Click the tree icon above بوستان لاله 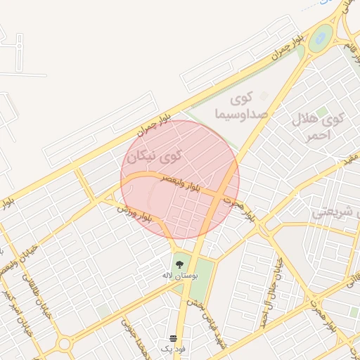click(180, 263)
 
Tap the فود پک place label click(174, 349)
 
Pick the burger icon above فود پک click(174, 338)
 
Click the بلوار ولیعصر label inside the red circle click(181, 184)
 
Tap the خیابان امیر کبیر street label click(12, 304)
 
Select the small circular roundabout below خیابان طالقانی click(65, 344)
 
